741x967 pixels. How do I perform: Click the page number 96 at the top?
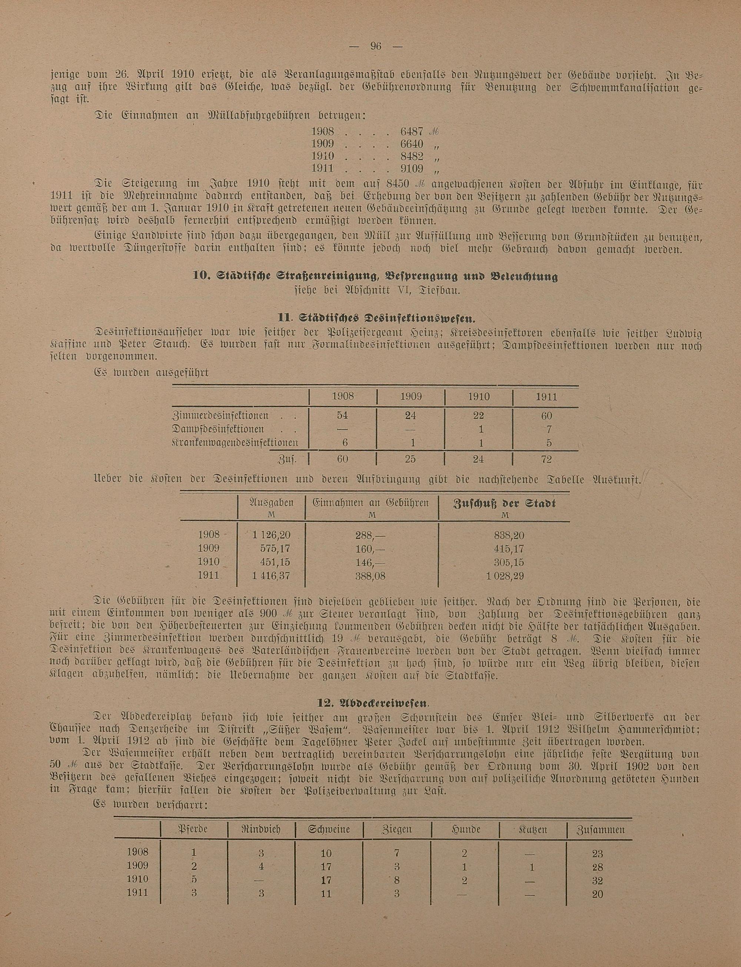point(376,46)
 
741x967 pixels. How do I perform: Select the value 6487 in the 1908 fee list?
point(412,132)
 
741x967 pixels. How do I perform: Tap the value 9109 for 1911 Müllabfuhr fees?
point(412,169)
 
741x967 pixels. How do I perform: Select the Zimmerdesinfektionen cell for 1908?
point(343,415)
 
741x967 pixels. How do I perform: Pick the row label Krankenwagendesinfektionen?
point(235,442)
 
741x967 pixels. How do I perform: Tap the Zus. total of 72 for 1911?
point(546,459)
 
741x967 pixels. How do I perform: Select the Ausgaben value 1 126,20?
point(271,535)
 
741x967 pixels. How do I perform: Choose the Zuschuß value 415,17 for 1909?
point(509,549)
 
